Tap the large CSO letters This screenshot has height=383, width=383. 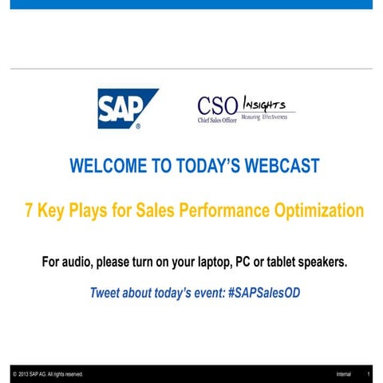point(216,105)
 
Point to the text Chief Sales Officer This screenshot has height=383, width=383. point(218,120)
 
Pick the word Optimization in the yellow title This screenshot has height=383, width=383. point(319,211)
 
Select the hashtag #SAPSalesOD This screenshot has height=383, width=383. point(264,293)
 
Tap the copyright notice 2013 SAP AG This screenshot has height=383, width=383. point(48,374)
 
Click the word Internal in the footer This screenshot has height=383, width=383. point(343,374)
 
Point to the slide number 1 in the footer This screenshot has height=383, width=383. point(368,374)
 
